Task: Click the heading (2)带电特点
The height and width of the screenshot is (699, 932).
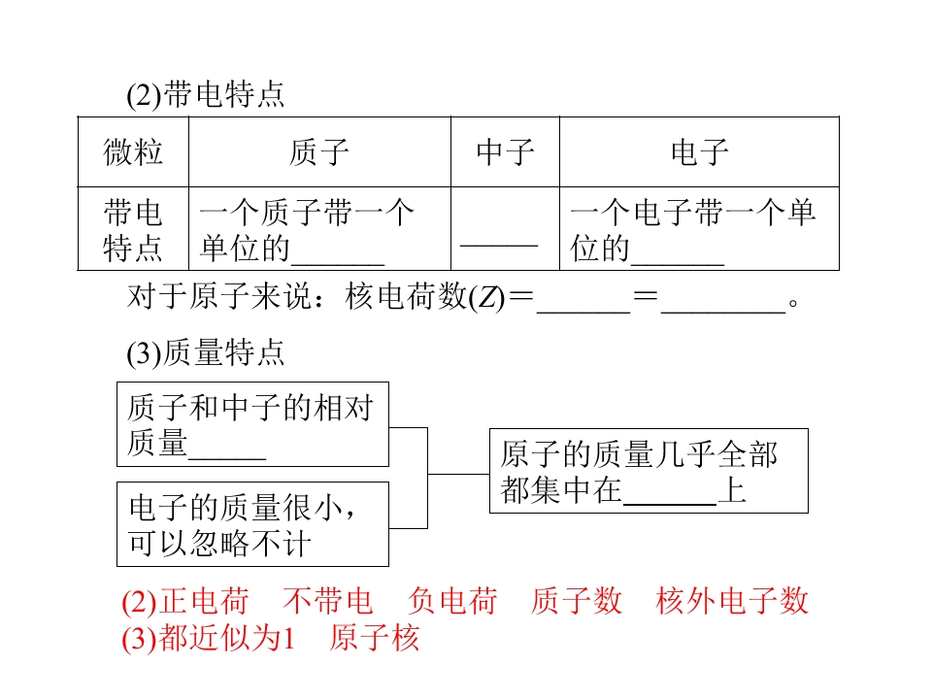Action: pyautogui.click(x=206, y=94)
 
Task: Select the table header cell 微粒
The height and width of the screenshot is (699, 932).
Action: pyautogui.click(x=133, y=151)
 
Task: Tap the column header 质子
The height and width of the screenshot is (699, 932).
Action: pyautogui.click(x=319, y=151)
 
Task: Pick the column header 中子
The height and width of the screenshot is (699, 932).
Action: pyautogui.click(x=505, y=151)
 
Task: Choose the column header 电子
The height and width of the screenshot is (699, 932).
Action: pyautogui.click(x=700, y=151)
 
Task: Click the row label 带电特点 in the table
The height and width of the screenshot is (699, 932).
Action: pyautogui.click(x=133, y=230)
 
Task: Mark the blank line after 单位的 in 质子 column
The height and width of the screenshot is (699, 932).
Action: pyautogui.click(x=338, y=263)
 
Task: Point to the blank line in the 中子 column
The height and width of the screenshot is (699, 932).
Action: pyautogui.click(x=499, y=245)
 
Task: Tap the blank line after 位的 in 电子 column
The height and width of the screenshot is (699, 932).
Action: pyautogui.click(x=678, y=263)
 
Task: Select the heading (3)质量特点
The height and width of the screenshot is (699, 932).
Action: pyautogui.click(x=206, y=352)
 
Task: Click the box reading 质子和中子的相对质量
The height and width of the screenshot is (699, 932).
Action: pyautogui.click(x=252, y=424)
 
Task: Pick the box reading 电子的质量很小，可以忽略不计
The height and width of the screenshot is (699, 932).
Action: pyautogui.click(x=252, y=524)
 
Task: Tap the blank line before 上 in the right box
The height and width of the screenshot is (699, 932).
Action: pyautogui.click(x=670, y=504)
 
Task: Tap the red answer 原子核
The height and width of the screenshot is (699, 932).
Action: pyautogui.click(x=375, y=638)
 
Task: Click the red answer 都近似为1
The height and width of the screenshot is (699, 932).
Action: pyautogui.click(x=226, y=638)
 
